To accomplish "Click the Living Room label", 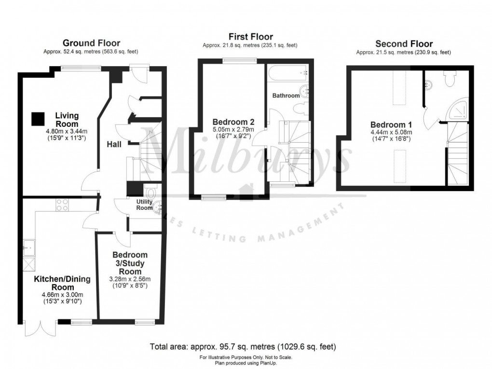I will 67,120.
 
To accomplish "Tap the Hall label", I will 115,144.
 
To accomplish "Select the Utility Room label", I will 144,205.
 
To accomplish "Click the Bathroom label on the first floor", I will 286,96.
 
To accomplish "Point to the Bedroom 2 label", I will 233,122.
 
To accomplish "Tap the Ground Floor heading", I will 91,43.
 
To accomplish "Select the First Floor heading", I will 250,37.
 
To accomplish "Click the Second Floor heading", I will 404,43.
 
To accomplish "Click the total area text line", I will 243,346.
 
